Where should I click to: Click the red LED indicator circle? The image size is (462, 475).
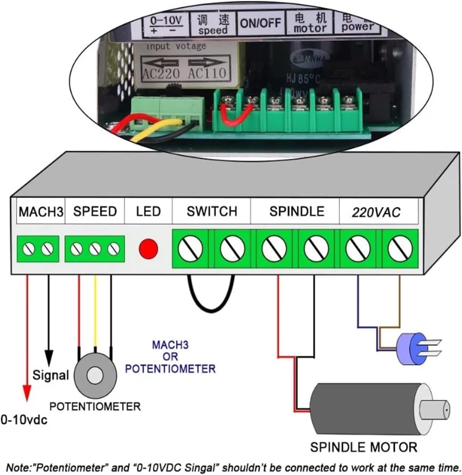[x=148, y=249]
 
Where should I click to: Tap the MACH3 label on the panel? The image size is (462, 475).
[x=41, y=212]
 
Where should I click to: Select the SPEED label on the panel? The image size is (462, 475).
[x=95, y=211]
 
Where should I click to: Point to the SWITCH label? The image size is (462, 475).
[x=212, y=211]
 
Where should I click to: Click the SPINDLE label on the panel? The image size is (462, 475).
[x=297, y=211]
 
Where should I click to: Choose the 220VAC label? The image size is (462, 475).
[x=376, y=212]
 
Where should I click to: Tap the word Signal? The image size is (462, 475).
[x=50, y=375]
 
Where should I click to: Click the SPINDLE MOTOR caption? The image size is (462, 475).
[x=363, y=447]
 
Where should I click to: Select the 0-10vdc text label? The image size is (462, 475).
[x=24, y=420]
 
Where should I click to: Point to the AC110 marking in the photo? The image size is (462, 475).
[x=207, y=73]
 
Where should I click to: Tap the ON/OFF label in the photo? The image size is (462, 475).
[x=260, y=23]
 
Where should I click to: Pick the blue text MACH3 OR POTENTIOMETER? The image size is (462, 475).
[x=170, y=357]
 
